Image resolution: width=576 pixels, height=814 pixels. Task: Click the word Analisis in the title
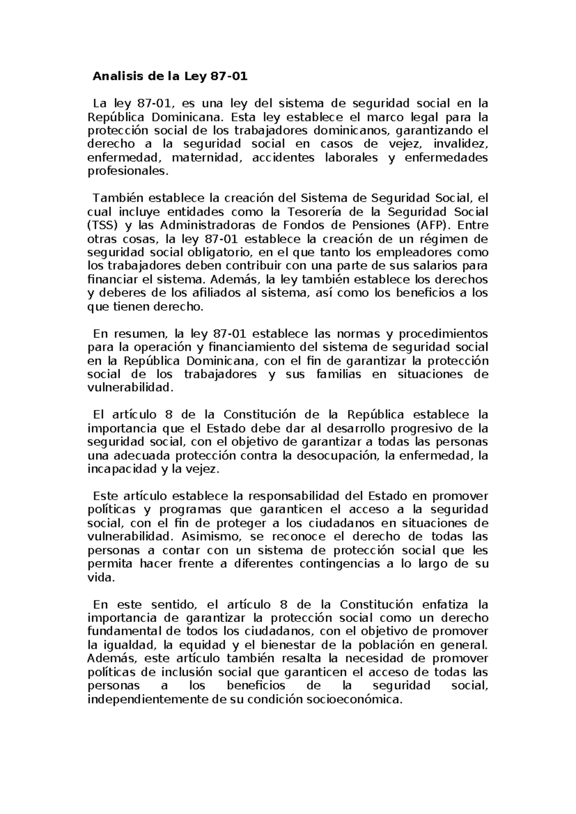coord(114,76)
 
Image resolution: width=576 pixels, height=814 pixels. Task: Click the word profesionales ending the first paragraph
coord(128,171)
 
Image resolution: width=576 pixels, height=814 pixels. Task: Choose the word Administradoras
coord(208,225)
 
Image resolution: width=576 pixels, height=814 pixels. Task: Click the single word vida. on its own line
coord(101,577)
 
